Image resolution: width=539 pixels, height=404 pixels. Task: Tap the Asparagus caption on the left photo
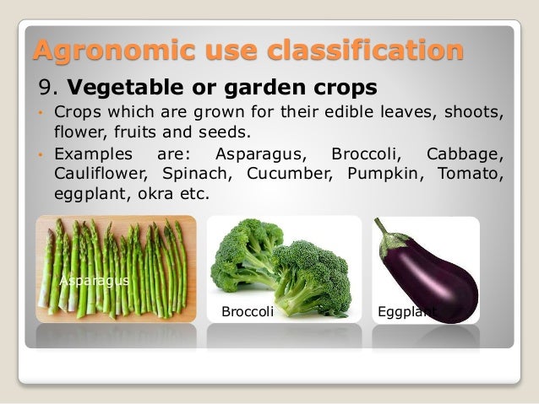point(94,280)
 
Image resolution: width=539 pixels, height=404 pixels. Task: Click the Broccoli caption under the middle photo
point(248,311)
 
